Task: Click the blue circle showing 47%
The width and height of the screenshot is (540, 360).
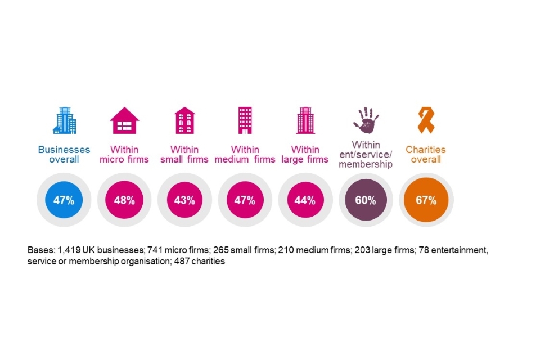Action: coord(64,200)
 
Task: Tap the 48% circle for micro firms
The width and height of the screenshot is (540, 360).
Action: coord(124,200)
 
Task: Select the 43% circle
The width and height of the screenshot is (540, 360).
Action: coord(184,200)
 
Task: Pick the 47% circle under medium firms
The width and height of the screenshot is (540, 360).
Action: coord(245,200)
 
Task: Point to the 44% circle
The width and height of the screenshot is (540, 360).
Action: coord(305,200)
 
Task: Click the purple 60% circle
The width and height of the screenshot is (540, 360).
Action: coord(366,200)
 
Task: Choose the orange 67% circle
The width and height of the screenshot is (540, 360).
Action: coord(426,200)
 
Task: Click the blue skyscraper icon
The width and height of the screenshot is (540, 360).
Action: coord(64,120)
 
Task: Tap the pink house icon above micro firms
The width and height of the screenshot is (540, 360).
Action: coord(124,120)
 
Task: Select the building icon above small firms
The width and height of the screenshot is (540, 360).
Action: coord(185,120)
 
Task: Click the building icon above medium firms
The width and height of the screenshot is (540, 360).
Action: coord(245,120)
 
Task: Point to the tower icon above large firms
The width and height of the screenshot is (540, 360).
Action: coord(305,120)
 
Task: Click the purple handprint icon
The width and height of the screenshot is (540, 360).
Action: coord(366,119)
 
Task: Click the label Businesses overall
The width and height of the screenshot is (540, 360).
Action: coord(64,155)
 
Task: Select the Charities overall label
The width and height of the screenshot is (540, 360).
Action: coord(426,155)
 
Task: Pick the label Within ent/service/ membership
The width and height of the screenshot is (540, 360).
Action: coord(366,154)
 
